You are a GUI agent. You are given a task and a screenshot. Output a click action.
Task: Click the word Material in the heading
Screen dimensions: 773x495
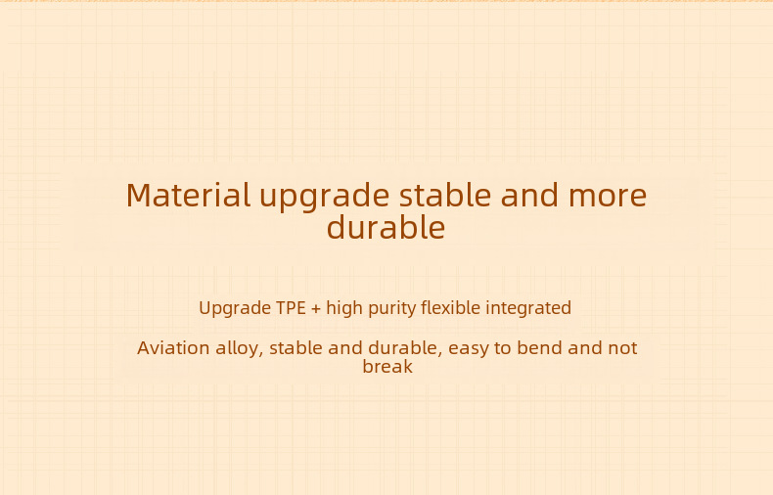click(188, 196)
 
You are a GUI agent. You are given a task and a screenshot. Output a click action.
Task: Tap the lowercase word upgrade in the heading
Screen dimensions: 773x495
click(325, 199)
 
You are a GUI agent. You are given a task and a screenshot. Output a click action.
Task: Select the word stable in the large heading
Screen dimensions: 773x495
click(445, 195)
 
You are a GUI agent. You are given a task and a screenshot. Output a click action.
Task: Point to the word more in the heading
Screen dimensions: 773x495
click(608, 198)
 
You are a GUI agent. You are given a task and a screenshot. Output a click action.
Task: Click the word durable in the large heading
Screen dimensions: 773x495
click(386, 227)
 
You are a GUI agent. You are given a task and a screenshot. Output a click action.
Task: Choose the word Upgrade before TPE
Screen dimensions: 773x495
click(235, 308)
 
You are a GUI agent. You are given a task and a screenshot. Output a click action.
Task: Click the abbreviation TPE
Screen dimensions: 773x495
click(291, 308)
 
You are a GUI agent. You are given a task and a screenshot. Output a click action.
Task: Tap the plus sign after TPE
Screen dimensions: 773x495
click(316, 309)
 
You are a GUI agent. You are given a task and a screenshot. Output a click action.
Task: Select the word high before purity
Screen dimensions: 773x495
click(344, 308)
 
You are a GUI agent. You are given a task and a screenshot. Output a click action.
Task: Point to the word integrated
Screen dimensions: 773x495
click(528, 308)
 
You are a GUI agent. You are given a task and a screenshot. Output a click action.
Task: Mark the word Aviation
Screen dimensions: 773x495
click(173, 348)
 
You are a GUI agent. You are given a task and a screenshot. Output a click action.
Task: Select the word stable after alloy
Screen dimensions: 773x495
click(296, 347)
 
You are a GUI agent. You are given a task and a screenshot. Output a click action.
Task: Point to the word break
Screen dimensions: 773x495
click(387, 366)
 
